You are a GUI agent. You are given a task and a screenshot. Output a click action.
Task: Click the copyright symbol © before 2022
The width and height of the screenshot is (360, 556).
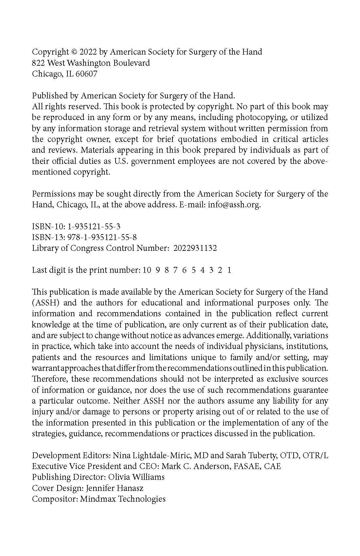tap(74, 52)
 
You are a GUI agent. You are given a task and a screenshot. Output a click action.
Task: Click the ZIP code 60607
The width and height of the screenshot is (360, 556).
tap(86, 74)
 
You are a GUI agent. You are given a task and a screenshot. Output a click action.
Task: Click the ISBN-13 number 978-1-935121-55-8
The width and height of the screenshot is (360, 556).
tap(102, 237)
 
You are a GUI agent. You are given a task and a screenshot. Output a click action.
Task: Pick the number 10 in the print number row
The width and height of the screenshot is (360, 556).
tap(147, 270)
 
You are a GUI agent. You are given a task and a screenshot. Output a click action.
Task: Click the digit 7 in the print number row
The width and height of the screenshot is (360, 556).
tap(175, 270)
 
